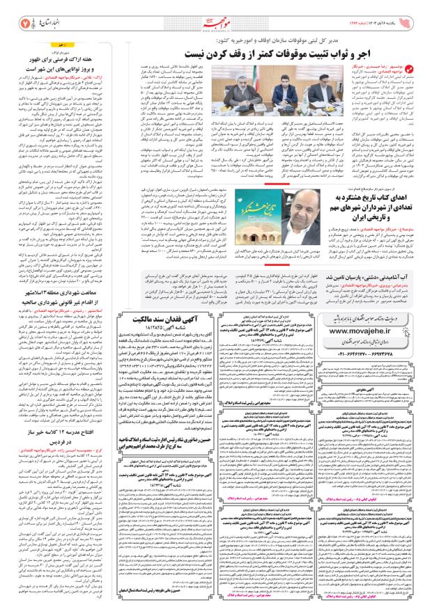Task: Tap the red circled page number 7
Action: [15, 15]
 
